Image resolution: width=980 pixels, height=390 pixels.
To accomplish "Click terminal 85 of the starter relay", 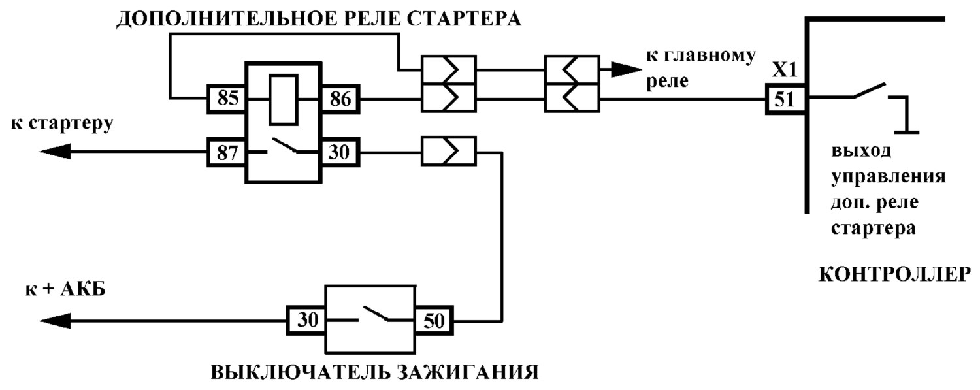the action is (x=227, y=99).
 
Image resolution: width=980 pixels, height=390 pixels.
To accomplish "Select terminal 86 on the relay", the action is (x=340, y=99).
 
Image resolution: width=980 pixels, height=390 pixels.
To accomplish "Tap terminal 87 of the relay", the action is (x=227, y=153).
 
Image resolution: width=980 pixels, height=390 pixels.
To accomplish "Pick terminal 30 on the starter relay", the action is (x=340, y=153).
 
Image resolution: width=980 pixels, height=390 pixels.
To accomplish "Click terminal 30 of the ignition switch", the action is (x=306, y=321).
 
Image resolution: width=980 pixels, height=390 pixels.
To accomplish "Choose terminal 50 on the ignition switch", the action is (x=434, y=321).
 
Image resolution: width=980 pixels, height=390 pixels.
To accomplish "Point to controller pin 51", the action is (x=785, y=99).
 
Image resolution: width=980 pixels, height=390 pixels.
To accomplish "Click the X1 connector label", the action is (x=785, y=70).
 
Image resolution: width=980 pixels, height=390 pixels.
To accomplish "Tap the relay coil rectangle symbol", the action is (x=284, y=100).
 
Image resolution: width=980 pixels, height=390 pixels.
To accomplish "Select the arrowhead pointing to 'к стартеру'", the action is (x=55, y=152).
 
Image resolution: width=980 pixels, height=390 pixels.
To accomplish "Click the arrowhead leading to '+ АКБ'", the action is (x=55, y=321).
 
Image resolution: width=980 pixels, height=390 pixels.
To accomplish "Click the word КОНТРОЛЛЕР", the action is (x=894, y=274).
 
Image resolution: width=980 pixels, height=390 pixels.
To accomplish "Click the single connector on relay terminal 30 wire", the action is (x=448, y=152).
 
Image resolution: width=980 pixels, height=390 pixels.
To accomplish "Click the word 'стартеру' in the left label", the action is (x=71, y=124).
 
